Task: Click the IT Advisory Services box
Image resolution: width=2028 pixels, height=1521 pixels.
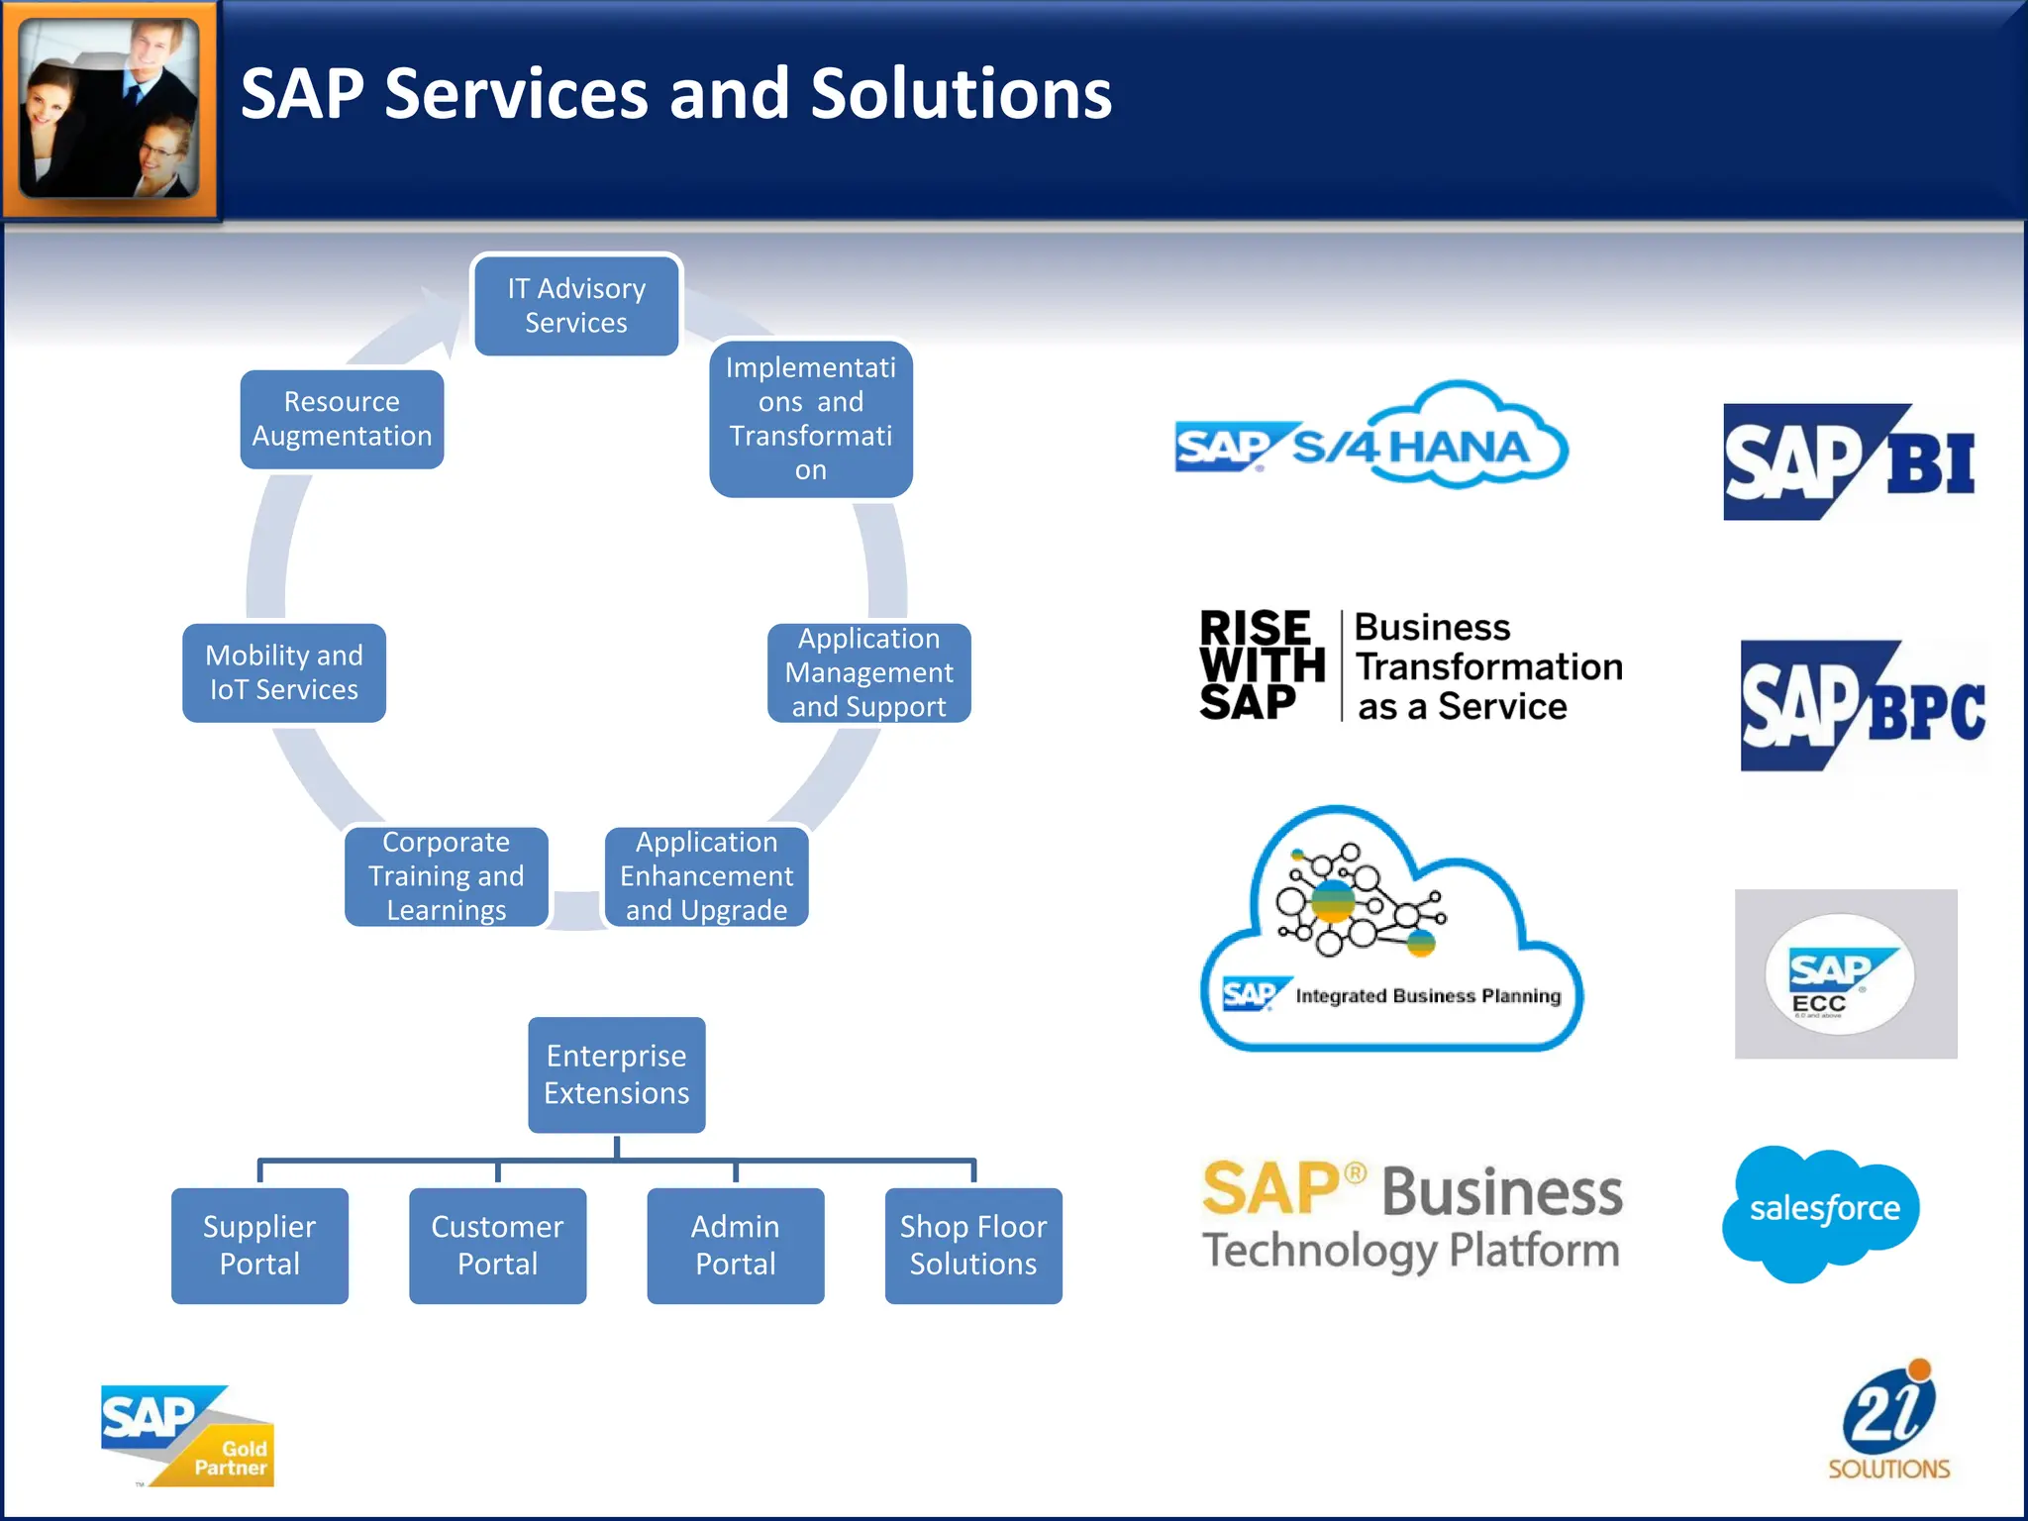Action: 576,305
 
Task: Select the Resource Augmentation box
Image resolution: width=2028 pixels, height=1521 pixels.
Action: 342,419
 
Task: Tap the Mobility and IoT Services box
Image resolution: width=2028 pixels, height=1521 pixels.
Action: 284,672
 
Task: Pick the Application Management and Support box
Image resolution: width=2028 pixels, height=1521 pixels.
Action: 868,672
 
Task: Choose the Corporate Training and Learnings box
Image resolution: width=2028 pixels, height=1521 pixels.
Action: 447,876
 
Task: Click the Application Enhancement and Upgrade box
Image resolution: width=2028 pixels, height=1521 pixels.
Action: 706,876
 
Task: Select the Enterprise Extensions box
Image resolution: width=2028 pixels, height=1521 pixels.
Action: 616,1074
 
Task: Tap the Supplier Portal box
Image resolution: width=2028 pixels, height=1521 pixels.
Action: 259,1246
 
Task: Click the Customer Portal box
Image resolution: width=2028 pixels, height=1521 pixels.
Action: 497,1246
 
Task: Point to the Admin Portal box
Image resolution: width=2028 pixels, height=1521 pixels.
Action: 735,1246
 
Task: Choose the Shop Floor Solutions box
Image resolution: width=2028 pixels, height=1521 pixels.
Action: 973,1246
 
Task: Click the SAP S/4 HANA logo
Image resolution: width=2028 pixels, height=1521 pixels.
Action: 1370,440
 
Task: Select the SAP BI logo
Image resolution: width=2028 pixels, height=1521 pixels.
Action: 1849,462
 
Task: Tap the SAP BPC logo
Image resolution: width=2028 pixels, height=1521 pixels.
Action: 1863,706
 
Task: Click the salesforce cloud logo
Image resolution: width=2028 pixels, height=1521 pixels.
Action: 1822,1211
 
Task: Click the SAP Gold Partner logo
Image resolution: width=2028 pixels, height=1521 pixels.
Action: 187,1435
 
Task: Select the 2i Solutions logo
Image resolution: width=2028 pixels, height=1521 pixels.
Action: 1889,1422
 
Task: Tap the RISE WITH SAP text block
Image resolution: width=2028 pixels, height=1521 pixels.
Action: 1261,664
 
